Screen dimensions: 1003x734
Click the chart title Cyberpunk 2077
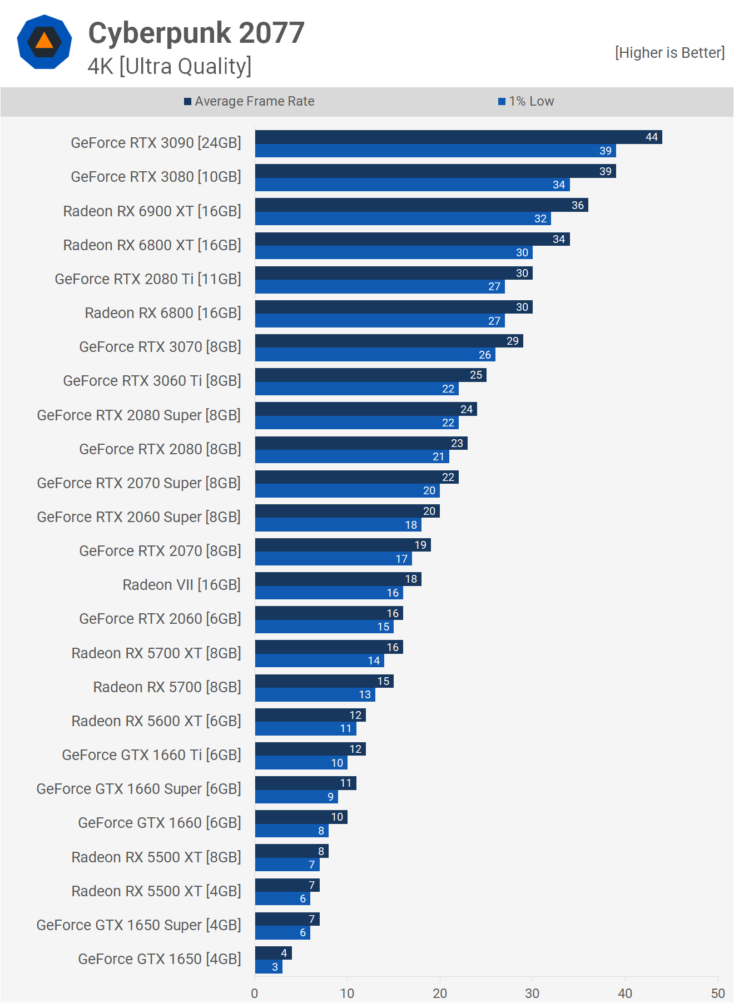click(196, 33)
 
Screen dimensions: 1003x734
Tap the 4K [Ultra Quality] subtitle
click(170, 66)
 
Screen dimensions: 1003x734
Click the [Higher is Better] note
click(669, 53)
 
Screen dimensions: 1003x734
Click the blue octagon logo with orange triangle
click(44, 42)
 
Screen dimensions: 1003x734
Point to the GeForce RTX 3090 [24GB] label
click(156, 143)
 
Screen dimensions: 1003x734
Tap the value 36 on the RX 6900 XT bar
click(578, 205)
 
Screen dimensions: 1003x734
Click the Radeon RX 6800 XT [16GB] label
click(152, 245)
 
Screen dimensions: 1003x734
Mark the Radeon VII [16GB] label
click(181, 585)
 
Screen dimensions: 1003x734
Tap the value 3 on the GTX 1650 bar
click(275, 967)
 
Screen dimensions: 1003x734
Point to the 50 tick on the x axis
click(718, 994)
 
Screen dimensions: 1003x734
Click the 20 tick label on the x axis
click(440, 994)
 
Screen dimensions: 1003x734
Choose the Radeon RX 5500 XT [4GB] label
click(156, 891)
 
